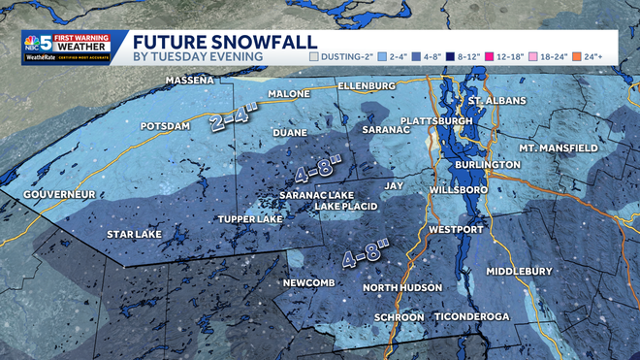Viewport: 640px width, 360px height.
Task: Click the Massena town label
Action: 189,80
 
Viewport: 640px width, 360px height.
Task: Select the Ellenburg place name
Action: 368,86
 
